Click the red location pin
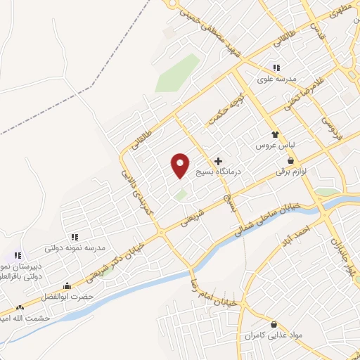181,165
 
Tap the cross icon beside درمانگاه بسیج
218,161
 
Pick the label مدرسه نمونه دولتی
75,247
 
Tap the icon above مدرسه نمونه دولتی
75,237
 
